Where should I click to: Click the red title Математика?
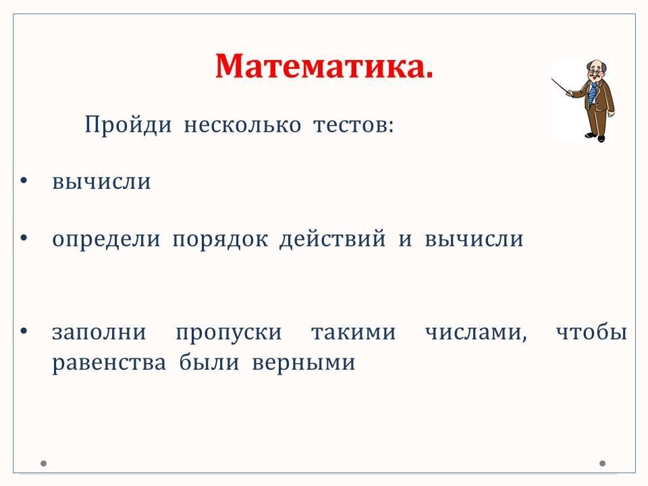tap(325, 66)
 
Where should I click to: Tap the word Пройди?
tap(128, 125)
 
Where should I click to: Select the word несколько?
tap(242, 125)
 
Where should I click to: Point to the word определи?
tap(106, 240)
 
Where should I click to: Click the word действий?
tap(333, 240)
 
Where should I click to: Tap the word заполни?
tap(99, 332)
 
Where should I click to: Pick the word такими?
tap(354, 332)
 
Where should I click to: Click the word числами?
tap(476, 333)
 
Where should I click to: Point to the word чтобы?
tap(592, 331)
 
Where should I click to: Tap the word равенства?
tap(109, 364)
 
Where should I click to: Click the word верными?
tap(304, 364)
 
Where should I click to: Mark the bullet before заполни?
tap(24, 331)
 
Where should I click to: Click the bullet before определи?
tap(24, 238)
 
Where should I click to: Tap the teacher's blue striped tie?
tap(593, 94)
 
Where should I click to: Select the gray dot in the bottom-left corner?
tap(43, 463)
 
